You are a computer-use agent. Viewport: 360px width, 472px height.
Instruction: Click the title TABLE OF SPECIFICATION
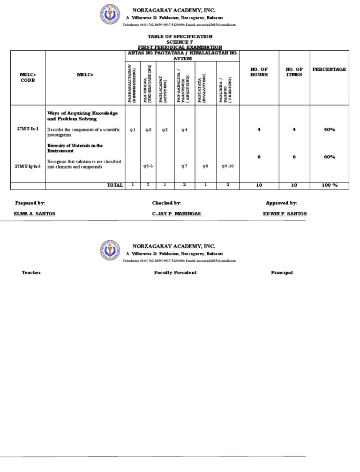(x=180, y=36)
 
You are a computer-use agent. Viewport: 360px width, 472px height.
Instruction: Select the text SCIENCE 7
(x=180, y=42)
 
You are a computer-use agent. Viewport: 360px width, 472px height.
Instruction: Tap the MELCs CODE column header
(x=28, y=77)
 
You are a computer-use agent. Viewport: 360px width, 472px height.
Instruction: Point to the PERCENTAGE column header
(x=329, y=69)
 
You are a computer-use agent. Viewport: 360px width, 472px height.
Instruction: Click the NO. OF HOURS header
(x=259, y=72)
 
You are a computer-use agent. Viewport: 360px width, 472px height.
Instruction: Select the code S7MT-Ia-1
(x=27, y=129)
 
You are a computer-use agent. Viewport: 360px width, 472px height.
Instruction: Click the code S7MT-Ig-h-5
(x=28, y=166)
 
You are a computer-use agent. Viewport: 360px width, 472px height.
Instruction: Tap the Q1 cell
(x=133, y=130)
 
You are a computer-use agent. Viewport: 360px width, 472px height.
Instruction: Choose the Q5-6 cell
(x=148, y=166)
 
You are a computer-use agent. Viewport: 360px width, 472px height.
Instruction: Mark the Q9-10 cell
(x=227, y=166)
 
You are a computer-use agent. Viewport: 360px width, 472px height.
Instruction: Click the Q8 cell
(x=205, y=166)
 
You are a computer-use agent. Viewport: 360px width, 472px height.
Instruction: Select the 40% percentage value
(x=329, y=129)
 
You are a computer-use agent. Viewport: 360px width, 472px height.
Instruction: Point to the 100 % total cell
(x=329, y=185)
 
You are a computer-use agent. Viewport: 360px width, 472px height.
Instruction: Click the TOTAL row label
(x=115, y=185)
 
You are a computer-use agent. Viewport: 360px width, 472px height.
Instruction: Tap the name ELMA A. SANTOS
(x=35, y=214)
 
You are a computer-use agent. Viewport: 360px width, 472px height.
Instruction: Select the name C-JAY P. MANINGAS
(x=177, y=214)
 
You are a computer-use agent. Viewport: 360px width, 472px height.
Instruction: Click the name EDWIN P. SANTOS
(x=285, y=214)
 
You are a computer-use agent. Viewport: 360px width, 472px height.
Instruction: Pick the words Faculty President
(x=175, y=273)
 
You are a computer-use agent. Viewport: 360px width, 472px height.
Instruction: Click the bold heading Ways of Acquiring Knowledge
(x=82, y=113)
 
